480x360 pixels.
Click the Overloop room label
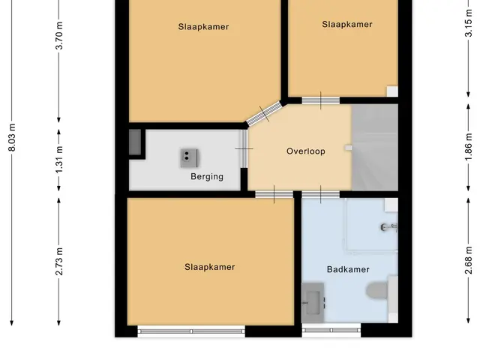306,151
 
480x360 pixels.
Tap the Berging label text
207,177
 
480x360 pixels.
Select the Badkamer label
348,269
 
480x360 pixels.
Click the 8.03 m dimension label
12,137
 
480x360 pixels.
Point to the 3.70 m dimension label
59,35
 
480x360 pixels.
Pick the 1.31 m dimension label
59,159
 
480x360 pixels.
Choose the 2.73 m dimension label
59,261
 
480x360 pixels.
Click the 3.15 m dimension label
468,23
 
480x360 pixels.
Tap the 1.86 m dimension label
468,147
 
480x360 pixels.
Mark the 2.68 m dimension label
468,260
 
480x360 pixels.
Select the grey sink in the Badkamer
313,303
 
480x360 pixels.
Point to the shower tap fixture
389,227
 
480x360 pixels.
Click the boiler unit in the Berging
189,158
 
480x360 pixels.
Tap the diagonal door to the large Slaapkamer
264,114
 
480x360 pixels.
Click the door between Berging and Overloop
244,148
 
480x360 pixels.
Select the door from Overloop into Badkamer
320,194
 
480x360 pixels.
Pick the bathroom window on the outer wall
331,330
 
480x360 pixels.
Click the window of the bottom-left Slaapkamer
191,331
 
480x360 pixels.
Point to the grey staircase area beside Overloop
375,148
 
